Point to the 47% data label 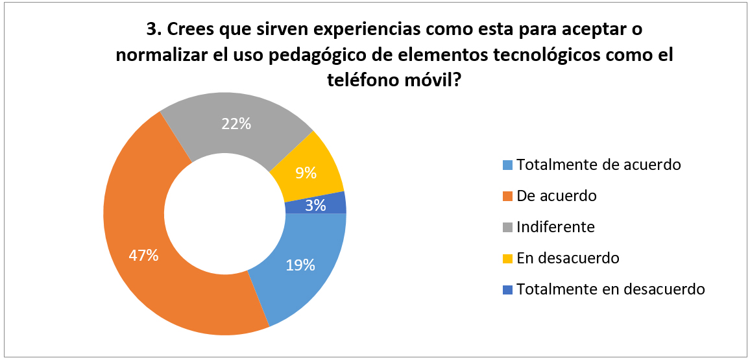point(143,255)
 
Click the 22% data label point(236,123)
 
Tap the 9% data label point(306,173)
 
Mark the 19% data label point(300,265)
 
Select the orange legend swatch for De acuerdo point(508,196)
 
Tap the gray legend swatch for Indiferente point(508,227)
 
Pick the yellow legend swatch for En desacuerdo point(508,258)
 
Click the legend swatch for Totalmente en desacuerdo point(508,289)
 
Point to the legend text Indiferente point(555,227)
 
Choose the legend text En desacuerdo point(568,258)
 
